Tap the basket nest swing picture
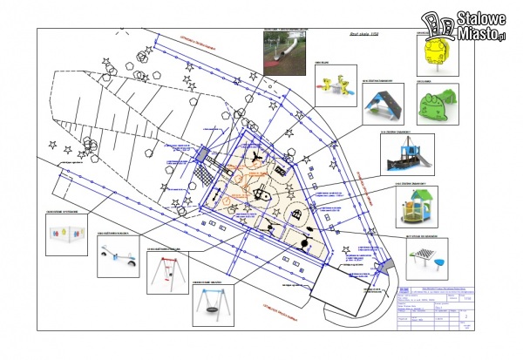pos(214,303)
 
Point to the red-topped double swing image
pos(165,272)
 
